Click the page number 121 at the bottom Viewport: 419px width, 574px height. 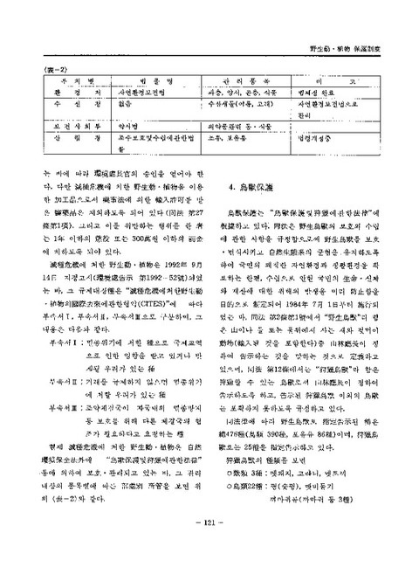[x=209, y=548]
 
